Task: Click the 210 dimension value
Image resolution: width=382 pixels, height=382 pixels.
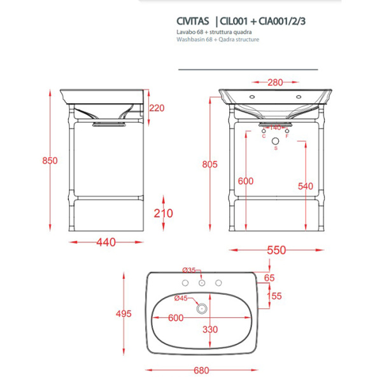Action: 164,213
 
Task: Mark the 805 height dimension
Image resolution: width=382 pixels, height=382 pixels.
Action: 209,164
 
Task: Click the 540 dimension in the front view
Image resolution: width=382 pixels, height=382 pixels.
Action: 307,186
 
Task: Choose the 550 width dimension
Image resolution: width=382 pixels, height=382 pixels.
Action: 276,250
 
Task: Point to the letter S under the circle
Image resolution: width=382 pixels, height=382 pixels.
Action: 276,148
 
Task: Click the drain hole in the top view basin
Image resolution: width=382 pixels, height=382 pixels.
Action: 202,309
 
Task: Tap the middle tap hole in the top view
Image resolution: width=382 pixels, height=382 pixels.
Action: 202,283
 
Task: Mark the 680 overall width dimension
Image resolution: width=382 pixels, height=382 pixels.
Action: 202,369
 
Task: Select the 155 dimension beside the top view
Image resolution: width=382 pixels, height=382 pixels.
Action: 274,296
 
